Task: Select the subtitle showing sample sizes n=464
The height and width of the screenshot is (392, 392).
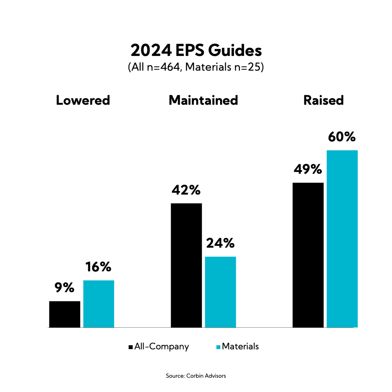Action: [196, 68]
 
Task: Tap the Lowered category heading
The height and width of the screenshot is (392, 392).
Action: [83, 100]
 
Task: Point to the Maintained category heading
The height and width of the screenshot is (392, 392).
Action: [203, 100]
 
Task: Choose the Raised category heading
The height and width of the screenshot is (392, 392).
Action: [323, 100]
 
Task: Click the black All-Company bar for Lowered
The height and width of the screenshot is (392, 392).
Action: [65, 314]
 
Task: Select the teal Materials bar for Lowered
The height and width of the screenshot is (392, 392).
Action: [98, 304]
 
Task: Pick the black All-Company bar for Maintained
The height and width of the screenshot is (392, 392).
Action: [186, 265]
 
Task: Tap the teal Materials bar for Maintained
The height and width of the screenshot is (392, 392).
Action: [220, 292]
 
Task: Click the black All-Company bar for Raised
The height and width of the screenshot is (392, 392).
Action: [308, 255]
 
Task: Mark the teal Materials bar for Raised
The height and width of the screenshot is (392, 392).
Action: [342, 239]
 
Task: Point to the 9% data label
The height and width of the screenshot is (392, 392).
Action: [64, 288]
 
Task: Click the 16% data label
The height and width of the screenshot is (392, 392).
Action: [98, 267]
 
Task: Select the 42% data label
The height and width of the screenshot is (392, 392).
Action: [186, 190]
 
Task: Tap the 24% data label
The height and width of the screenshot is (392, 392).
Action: [220, 243]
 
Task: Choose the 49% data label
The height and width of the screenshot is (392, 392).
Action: [307, 169]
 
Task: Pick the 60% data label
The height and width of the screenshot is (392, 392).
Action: [341, 137]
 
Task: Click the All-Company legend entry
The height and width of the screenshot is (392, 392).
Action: [159, 347]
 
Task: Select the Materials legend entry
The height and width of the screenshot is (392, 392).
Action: [238, 346]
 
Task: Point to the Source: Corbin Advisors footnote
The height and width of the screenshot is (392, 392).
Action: [196, 376]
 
